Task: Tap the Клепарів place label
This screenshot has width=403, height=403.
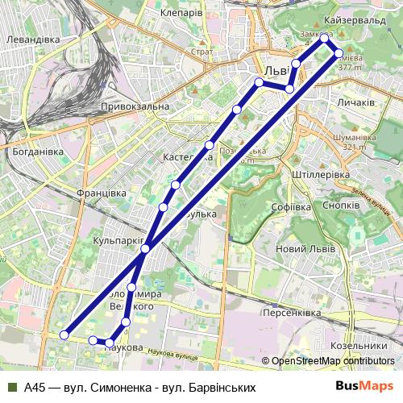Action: point(181,15)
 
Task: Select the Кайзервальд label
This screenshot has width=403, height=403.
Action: point(347,19)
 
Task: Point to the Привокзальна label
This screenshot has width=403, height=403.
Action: point(135,106)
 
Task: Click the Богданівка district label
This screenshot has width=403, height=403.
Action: point(33,151)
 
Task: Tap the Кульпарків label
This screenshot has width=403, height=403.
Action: point(118,241)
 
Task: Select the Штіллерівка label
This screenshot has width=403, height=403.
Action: point(320,174)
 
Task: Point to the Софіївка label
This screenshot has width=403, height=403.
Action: point(291,207)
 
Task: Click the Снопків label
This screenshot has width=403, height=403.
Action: point(339,206)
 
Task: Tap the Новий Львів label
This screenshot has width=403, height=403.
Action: point(306,248)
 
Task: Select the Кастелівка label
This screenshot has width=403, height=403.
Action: point(187,157)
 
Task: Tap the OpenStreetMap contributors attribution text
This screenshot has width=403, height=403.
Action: point(333,361)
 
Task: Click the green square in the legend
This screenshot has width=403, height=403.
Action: point(11,387)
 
